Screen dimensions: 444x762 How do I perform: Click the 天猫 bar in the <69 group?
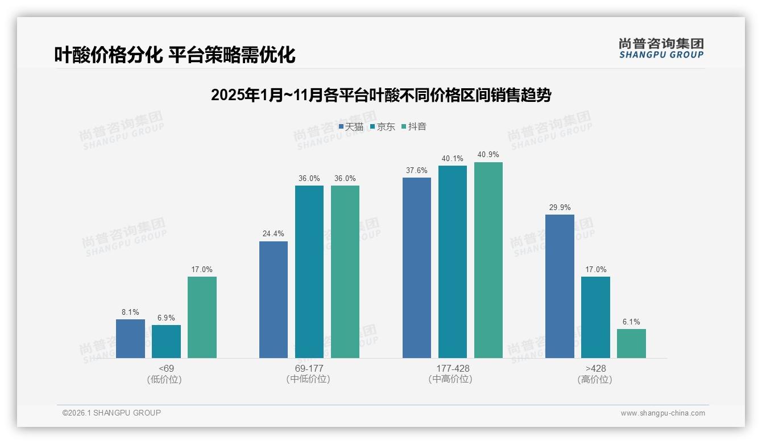(130, 339)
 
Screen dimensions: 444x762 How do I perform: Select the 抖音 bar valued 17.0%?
(202, 317)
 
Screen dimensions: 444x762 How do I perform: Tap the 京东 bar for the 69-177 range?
(309, 272)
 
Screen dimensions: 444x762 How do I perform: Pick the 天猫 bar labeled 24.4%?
(274, 299)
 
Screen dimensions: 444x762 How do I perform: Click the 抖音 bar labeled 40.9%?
(488, 260)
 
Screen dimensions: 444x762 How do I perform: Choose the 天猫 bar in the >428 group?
(560, 286)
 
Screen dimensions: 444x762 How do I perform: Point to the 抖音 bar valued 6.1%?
(631, 343)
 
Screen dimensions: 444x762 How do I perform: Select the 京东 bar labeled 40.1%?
(452, 262)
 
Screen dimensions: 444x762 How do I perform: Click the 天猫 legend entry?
(351, 126)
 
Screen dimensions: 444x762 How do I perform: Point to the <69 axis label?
(166, 368)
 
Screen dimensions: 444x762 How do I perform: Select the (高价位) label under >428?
(595, 379)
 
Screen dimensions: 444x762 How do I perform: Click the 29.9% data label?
(560, 208)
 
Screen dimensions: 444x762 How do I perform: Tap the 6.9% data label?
(166, 318)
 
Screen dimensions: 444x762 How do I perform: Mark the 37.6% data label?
(416, 171)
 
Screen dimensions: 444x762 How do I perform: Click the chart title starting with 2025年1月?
(381, 95)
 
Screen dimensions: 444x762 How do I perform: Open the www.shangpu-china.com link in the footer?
(662, 413)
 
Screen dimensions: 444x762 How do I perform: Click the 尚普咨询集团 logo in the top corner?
(661, 48)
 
